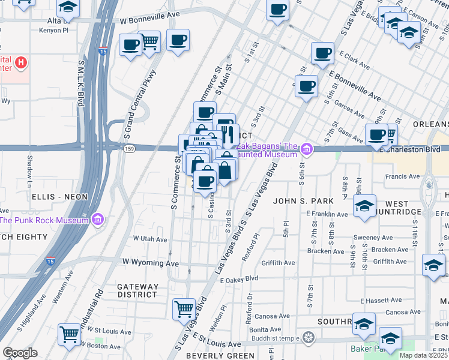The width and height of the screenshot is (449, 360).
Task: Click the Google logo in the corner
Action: tap(20, 353)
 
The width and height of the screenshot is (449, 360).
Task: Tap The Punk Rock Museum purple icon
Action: tap(98, 220)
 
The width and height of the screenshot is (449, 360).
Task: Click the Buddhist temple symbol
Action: tap(308, 337)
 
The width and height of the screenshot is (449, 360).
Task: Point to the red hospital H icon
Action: tap(21, 62)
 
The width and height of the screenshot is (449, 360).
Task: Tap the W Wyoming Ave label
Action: tap(151, 263)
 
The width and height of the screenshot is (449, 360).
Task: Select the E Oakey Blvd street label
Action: tap(239, 279)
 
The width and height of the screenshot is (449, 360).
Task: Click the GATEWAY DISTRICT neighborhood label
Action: tap(137, 290)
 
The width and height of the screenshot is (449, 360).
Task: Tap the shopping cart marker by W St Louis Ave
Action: tap(70, 334)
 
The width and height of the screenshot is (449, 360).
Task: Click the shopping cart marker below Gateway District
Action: tap(184, 309)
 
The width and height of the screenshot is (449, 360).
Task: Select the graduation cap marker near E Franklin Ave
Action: tap(364, 206)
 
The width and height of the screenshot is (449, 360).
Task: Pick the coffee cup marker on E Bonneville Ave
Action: tap(307, 86)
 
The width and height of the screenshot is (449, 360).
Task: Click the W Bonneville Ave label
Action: tap(149, 20)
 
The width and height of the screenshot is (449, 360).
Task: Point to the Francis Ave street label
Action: tap(402, 176)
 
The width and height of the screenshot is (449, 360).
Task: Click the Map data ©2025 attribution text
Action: tap(423, 355)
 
